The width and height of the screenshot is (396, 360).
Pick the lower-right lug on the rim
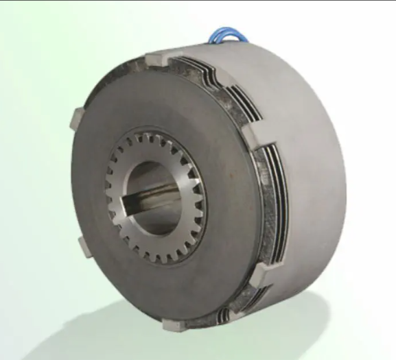pos(260,274)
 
